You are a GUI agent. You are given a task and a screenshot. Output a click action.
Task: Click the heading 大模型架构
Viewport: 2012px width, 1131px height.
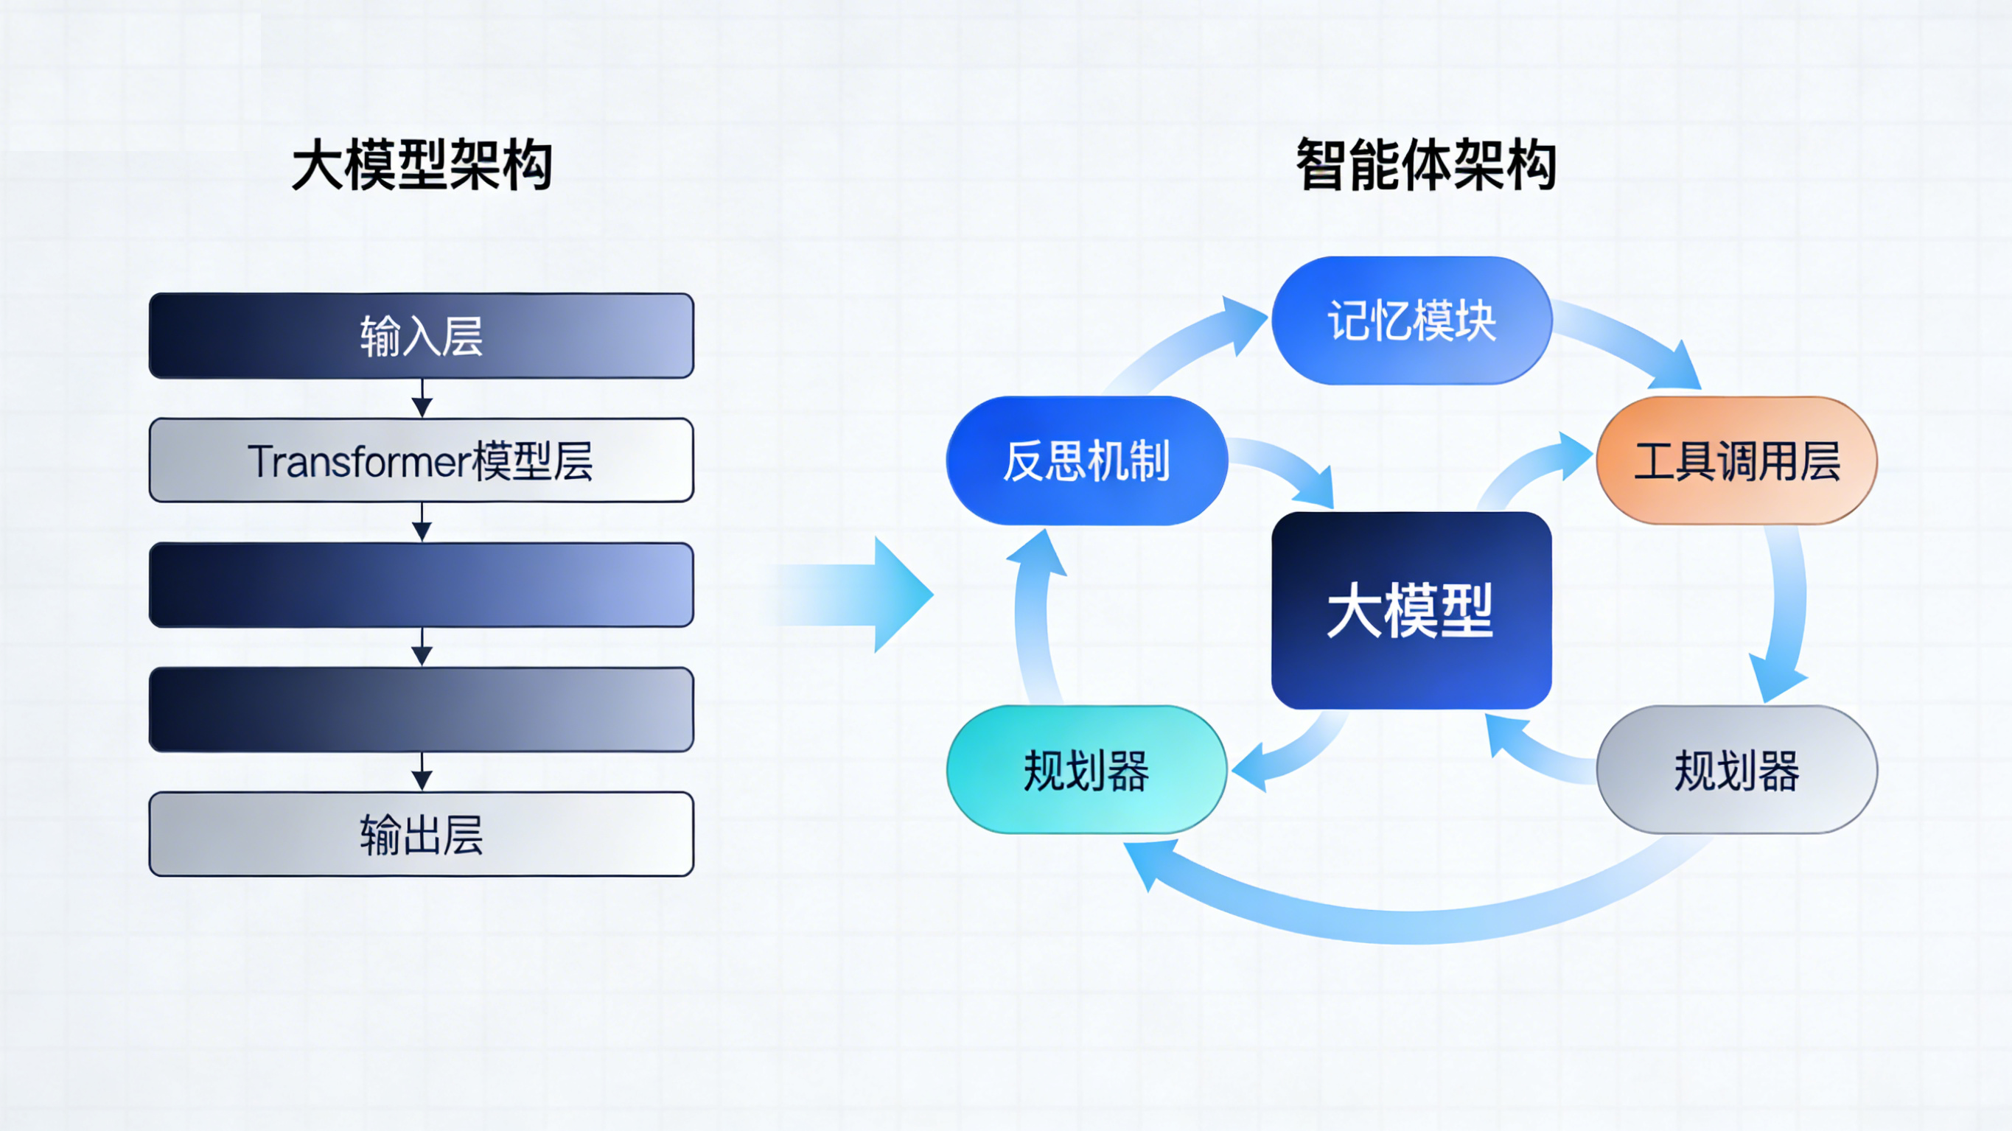[422, 165]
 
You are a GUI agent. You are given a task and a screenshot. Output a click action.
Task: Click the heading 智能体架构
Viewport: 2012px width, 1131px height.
[1425, 165]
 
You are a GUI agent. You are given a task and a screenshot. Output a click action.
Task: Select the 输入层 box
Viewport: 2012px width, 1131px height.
[421, 336]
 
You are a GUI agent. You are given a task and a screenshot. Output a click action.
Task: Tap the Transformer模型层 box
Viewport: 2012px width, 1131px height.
[421, 460]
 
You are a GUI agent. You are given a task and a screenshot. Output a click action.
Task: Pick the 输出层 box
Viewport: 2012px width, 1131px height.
[421, 834]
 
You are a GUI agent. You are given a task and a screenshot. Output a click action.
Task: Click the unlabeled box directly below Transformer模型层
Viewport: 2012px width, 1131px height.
[421, 585]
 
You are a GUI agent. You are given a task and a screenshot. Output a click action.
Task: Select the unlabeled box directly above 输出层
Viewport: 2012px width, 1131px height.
[421, 710]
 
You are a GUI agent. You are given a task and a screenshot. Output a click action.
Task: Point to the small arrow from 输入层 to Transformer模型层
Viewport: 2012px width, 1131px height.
[422, 399]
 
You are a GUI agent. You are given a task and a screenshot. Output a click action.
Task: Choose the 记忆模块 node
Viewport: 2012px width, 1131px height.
[1411, 321]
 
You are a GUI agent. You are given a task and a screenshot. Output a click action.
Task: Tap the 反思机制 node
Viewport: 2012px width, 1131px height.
[1086, 460]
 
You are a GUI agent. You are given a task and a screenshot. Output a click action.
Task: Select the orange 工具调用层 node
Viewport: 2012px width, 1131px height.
[1736, 460]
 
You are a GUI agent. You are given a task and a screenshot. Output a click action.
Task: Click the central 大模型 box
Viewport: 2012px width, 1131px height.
[1411, 610]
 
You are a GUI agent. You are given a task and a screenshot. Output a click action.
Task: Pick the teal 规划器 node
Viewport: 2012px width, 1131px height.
[1086, 770]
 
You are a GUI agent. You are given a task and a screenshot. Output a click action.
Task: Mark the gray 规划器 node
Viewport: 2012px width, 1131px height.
[1736, 770]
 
